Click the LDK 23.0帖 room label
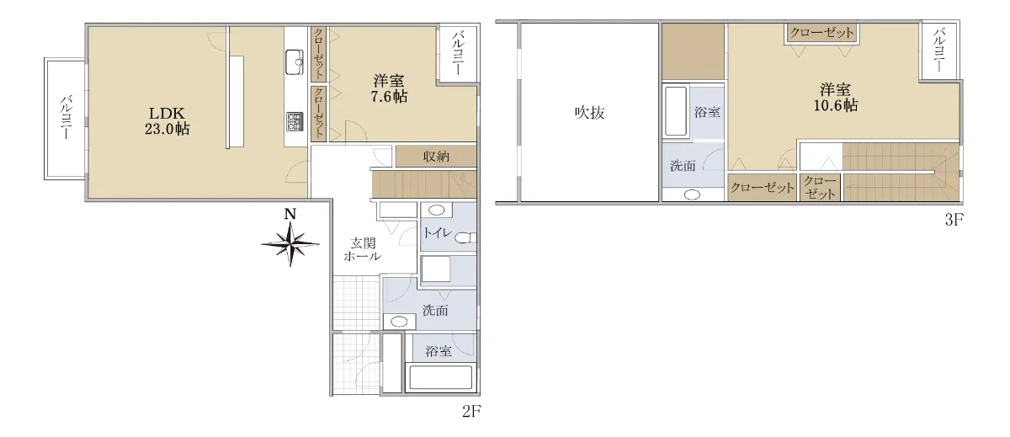[x=167, y=121]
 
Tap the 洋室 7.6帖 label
[x=389, y=89]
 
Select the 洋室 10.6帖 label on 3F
[x=836, y=98]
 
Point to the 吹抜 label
[x=589, y=112]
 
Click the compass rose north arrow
[x=290, y=244]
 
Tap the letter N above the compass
[x=290, y=214]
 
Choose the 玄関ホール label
[x=363, y=250]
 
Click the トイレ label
[x=438, y=232]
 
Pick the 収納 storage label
[x=436, y=157]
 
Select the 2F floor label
[x=471, y=411]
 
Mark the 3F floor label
[x=954, y=220]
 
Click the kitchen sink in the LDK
[x=295, y=62]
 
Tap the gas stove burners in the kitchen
[x=295, y=122]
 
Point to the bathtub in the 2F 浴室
[x=440, y=377]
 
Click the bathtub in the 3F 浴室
[x=675, y=111]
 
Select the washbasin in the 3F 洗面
[x=692, y=195]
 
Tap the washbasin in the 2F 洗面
[x=400, y=322]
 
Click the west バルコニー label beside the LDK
[x=66, y=117]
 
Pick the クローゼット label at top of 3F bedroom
[x=821, y=33]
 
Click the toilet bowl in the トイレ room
[x=465, y=237]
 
